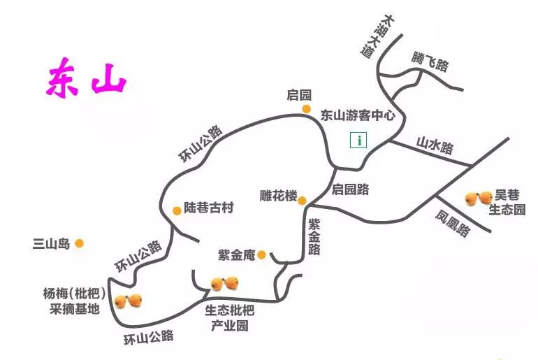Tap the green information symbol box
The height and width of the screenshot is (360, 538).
[x=358, y=140]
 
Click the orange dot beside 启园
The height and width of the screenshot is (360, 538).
[x=306, y=109]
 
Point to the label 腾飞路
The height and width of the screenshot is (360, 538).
[x=429, y=62]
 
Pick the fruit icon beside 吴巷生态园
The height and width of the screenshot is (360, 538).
[x=479, y=199]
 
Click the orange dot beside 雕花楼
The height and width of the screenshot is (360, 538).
[x=303, y=201]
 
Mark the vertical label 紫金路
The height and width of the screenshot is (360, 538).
[x=314, y=236]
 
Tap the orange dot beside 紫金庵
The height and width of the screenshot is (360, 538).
[x=261, y=254]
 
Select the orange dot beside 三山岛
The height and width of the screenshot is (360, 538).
[x=80, y=243]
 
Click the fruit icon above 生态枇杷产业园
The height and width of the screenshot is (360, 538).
[x=226, y=283]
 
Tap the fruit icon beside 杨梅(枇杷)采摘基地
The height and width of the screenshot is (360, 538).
[x=129, y=301]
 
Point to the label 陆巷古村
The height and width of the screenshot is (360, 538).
[x=208, y=208]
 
